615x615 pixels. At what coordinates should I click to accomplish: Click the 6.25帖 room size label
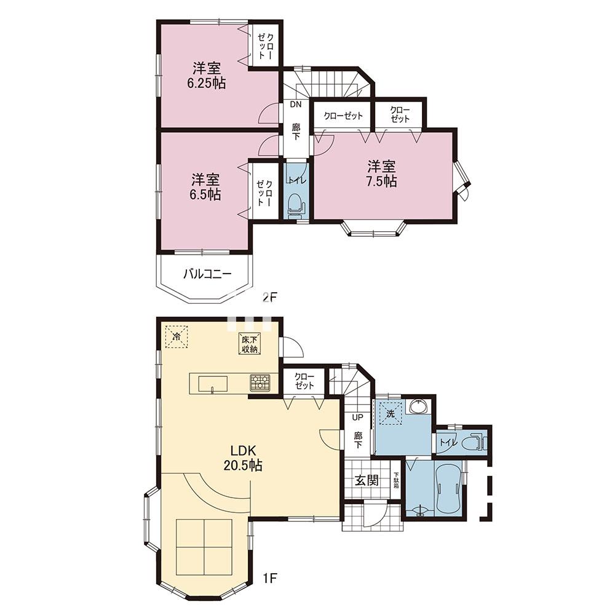pyautogui.click(x=206, y=83)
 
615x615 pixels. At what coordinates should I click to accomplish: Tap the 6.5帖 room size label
pyautogui.click(x=205, y=194)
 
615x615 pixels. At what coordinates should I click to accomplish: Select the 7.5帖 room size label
pyautogui.click(x=381, y=181)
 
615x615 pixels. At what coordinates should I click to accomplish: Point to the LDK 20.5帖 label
pyautogui.click(x=243, y=458)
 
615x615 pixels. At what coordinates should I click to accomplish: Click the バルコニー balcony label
pyautogui.click(x=207, y=274)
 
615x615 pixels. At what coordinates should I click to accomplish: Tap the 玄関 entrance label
pyautogui.click(x=367, y=480)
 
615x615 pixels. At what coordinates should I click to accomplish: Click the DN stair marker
pyautogui.click(x=296, y=105)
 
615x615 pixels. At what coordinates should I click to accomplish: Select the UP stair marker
pyautogui.click(x=358, y=418)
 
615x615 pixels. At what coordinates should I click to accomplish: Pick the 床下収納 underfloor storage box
pyautogui.click(x=250, y=344)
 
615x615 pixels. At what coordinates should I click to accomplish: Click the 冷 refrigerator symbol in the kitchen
pyautogui.click(x=177, y=336)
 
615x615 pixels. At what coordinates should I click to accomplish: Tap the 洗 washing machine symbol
pyautogui.click(x=391, y=413)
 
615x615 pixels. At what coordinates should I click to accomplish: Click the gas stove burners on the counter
pyautogui.click(x=260, y=383)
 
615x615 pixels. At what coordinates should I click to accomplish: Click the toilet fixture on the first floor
pyautogui.click(x=475, y=442)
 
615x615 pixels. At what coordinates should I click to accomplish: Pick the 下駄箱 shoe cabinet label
pyautogui.click(x=396, y=480)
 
